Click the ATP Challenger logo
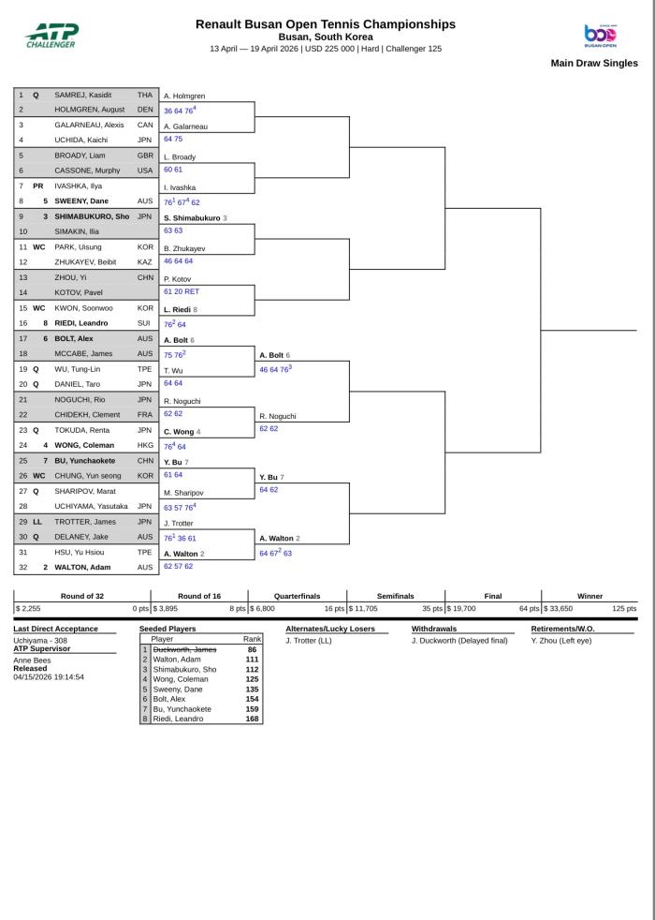tap(51, 35)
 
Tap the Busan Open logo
tap(600, 35)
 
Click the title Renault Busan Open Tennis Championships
tap(326, 24)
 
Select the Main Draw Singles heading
tap(594, 64)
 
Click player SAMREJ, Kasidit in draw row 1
tap(83, 95)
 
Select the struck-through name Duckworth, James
tap(184, 649)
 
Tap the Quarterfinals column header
tap(297, 596)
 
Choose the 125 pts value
tap(624, 608)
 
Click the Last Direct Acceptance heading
tap(56, 629)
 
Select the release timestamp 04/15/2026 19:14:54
tap(49, 676)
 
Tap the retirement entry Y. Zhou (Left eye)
tap(561, 641)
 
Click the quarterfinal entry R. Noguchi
tap(278, 416)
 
